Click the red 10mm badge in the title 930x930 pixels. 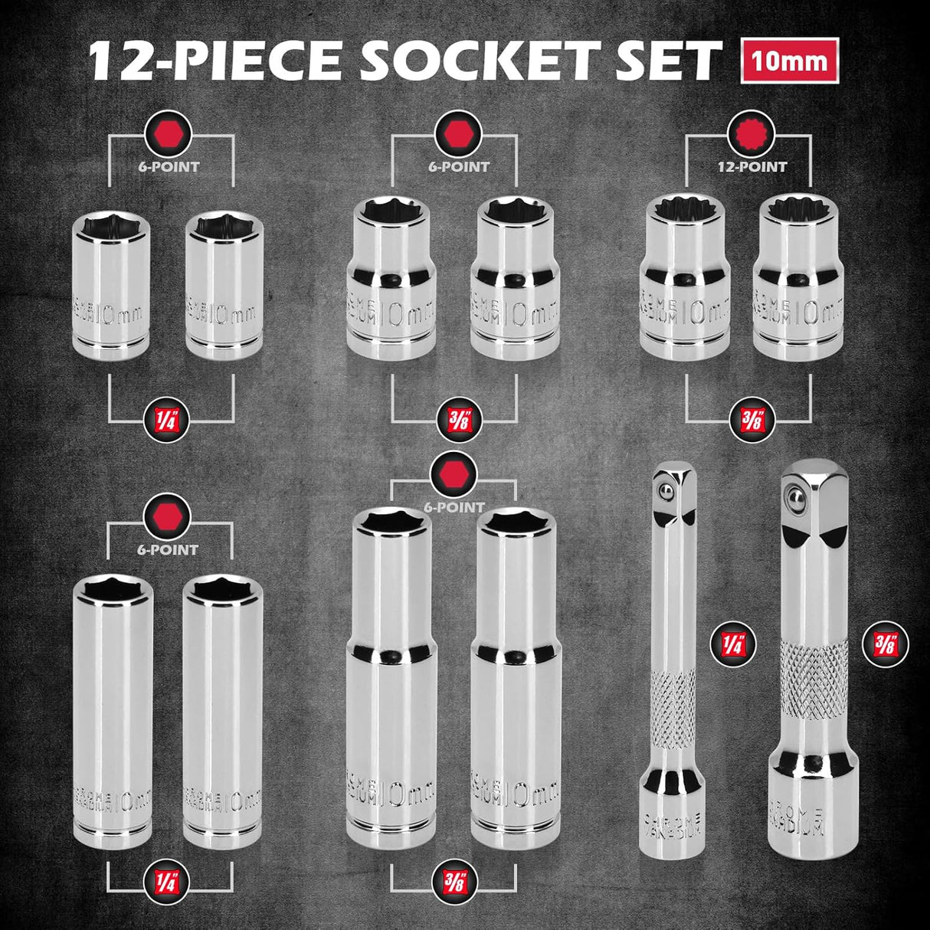coord(789,61)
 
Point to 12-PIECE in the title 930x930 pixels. coord(216,61)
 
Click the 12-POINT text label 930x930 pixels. coord(748,166)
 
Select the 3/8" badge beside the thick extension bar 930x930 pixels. coord(889,644)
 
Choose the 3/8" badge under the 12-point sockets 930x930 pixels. coord(748,421)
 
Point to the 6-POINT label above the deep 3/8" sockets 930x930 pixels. coord(454,506)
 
